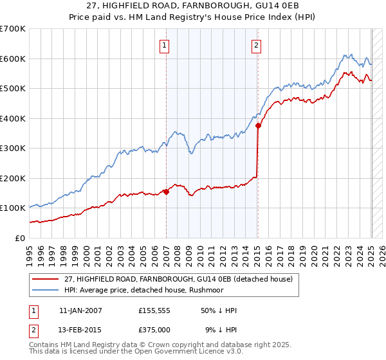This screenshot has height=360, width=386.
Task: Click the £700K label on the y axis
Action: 13,29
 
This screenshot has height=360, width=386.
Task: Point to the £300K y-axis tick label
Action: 13,148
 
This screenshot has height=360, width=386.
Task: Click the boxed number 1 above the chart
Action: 165,45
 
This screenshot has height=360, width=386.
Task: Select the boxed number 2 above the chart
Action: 257,45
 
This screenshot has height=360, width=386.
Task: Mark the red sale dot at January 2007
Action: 166,191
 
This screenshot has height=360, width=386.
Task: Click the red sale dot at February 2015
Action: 258,126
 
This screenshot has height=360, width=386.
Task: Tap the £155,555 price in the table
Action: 155,310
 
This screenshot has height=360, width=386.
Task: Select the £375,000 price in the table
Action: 155,330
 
